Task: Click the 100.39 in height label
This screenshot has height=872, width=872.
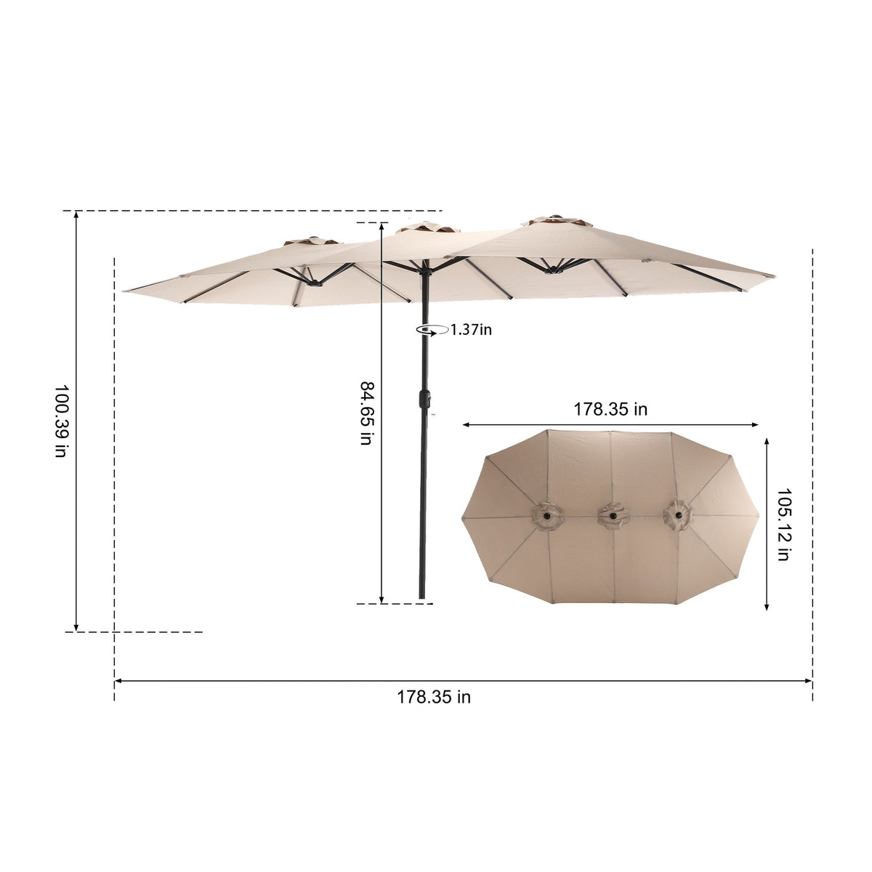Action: pos(61,421)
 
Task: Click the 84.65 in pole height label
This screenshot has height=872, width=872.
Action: pos(366,413)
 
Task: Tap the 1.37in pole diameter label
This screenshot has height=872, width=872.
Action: pos(471,329)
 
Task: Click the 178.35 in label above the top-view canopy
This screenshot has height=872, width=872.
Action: pos(610,409)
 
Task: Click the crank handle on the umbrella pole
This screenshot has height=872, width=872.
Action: pos(424,399)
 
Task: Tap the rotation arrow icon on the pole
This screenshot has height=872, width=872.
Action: pos(432,331)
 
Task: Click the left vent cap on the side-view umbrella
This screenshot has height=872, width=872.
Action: pos(311,241)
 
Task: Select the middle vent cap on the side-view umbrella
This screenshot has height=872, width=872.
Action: pos(427,227)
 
